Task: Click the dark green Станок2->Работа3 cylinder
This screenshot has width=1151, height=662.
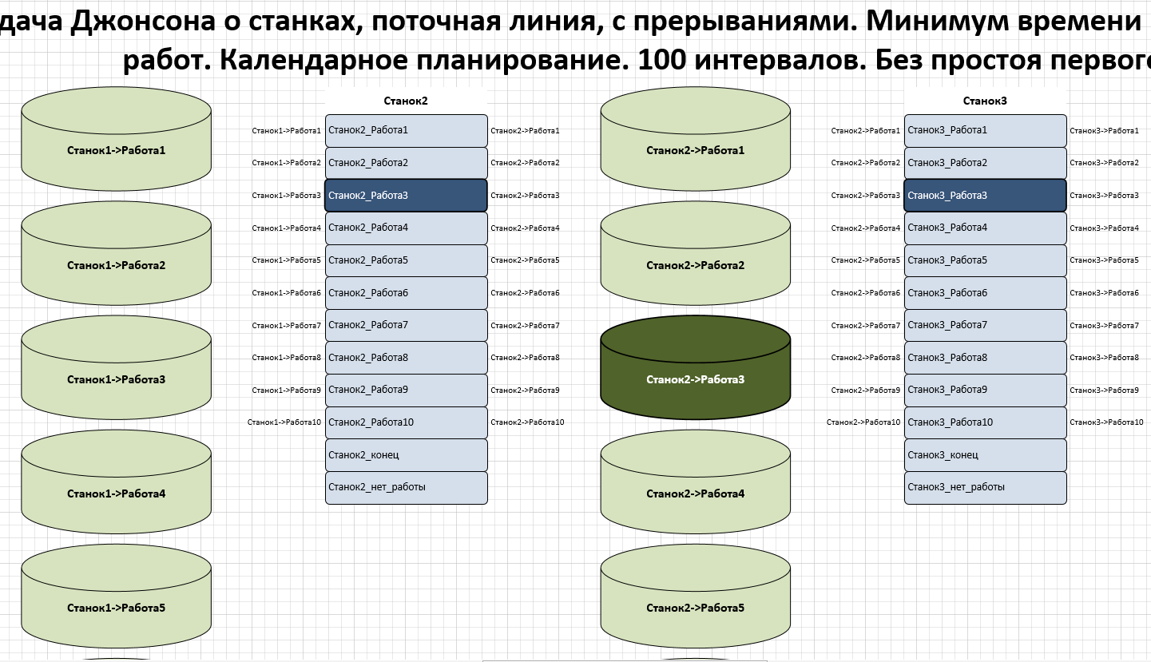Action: (x=695, y=379)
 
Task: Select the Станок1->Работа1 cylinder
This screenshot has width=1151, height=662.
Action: (x=116, y=149)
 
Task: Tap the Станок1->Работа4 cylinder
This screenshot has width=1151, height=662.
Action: (x=116, y=494)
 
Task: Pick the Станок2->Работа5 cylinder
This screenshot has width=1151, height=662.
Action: (x=695, y=608)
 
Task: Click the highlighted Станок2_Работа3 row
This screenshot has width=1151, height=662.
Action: (x=406, y=195)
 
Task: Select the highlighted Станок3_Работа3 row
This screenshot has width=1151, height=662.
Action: (x=985, y=195)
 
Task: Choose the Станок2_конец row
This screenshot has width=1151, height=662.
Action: (x=406, y=455)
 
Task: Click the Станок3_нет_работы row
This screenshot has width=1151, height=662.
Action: (x=985, y=487)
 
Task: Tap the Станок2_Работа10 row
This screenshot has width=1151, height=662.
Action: (x=406, y=422)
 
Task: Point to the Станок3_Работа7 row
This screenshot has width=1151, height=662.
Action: (x=985, y=325)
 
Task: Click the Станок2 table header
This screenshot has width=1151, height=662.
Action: (x=406, y=101)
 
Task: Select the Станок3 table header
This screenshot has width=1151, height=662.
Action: (x=985, y=101)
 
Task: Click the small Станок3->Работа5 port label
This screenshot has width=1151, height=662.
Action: (x=1104, y=260)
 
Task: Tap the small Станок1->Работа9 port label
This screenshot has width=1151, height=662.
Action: (x=286, y=390)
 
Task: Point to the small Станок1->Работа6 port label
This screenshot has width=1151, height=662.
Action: (x=286, y=293)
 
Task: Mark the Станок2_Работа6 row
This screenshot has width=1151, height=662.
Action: (x=406, y=293)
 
